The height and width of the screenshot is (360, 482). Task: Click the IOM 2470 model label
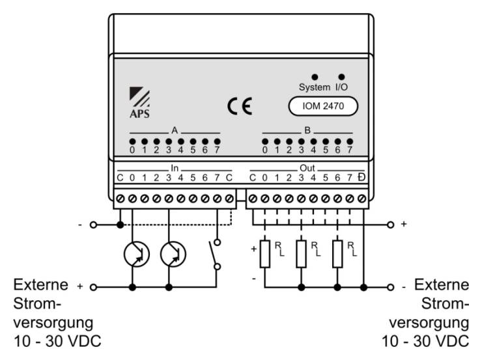click(323, 106)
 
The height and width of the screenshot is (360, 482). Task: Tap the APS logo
click(139, 103)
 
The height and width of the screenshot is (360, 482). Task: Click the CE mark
click(240, 106)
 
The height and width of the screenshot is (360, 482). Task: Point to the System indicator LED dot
click(315, 77)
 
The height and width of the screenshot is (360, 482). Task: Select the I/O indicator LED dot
click(341, 77)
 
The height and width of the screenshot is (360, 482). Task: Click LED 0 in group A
click(132, 142)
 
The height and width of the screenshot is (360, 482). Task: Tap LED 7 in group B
click(350, 142)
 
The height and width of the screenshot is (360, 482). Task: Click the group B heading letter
click(307, 131)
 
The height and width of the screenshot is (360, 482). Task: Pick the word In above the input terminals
click(175, 168)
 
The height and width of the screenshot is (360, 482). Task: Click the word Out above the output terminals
click(307, 168)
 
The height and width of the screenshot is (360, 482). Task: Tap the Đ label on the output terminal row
click(361, 178)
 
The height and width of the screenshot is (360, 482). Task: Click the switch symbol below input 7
click(214, 255)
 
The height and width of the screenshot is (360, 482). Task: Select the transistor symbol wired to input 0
click(137, 255)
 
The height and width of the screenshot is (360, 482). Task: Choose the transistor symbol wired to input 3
click(173, 255)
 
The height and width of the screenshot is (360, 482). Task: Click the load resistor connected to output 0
click(265, 254)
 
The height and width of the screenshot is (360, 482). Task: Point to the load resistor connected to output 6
click(337, 254)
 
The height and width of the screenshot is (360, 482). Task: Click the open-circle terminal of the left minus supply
click(93, 225)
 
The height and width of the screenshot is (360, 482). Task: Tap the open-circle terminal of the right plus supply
click(390, 225)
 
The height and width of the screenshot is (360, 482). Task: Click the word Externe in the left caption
click(41, 284)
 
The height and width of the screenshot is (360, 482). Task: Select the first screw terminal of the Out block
click(253, 199)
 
